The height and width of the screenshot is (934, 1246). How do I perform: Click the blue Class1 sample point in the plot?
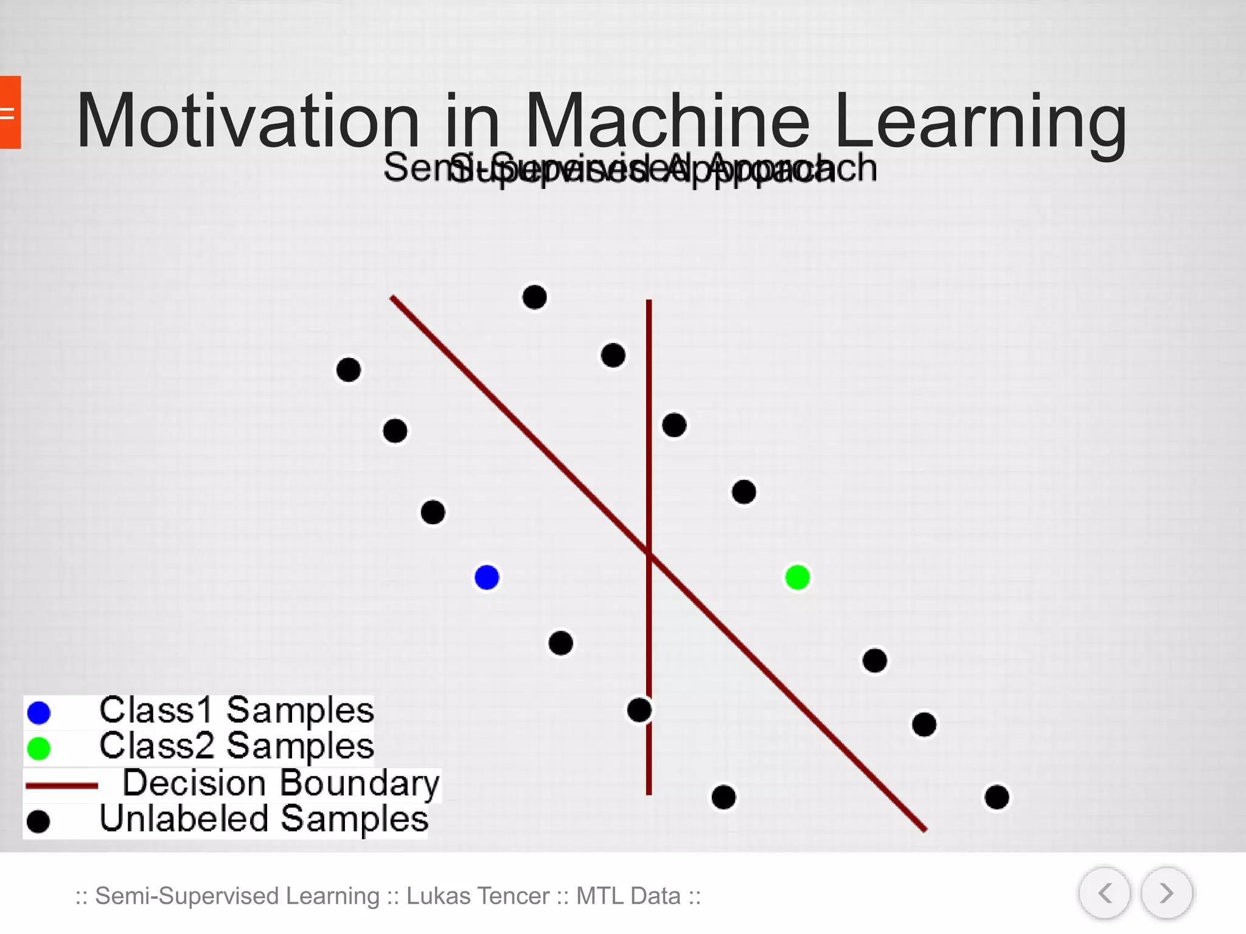[487, 577]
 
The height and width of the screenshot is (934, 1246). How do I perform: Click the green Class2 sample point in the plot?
[797, 577]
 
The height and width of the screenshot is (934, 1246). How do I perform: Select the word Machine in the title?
[667, 120]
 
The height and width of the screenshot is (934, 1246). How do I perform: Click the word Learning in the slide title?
[980, 120]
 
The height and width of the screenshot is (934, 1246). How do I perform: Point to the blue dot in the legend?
[39, 713]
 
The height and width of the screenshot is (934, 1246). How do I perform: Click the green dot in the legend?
[39, 749]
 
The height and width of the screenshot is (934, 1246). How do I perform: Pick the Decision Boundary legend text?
[280, 783]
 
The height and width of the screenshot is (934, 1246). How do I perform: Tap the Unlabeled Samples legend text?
[263, 819]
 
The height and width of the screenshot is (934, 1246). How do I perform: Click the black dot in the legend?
[38, 822]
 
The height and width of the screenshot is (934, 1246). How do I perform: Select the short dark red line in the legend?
[61, 786]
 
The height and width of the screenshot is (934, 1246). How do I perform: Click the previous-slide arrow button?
[1104, 893]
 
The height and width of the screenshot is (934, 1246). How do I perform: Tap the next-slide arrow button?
[1166, 893]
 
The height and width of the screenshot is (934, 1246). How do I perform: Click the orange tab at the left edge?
[10, 112]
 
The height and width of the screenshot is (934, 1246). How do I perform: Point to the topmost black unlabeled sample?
[534, 297]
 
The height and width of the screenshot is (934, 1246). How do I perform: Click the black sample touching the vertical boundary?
[639, 710]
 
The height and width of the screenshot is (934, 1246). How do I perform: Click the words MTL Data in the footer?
[628, 896]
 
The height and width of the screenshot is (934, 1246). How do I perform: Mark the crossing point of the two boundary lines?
[649, 554]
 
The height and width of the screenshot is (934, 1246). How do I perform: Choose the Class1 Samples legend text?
[236, 710]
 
